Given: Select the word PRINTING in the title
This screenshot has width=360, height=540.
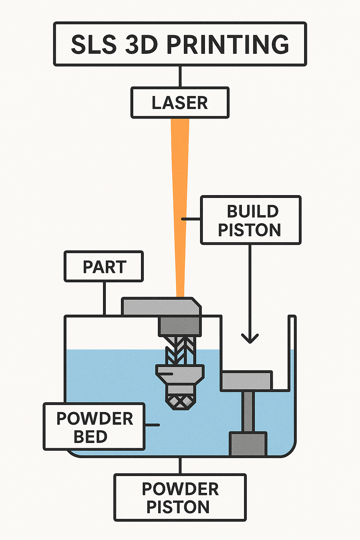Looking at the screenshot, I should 227,45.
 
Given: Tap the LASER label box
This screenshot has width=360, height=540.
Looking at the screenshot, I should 180,103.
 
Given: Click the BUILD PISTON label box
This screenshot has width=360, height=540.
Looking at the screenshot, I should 250,220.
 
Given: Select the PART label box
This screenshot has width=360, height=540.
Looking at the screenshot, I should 104,266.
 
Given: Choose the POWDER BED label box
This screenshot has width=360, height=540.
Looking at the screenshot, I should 94,426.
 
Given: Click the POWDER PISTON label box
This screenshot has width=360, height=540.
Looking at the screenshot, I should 180,497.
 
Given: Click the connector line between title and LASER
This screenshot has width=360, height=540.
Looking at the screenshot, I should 180,76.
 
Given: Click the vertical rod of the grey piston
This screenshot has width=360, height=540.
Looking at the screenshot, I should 248,411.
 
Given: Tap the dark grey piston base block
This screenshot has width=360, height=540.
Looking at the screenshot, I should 248,444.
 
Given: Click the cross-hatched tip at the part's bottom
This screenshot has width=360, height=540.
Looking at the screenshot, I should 180,402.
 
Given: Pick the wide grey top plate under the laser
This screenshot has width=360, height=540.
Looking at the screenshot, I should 161,307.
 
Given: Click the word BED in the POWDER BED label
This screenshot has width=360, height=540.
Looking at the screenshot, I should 90,437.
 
